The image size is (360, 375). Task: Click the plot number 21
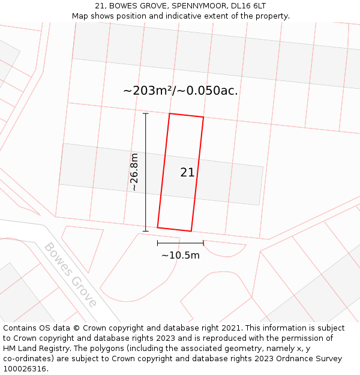187,173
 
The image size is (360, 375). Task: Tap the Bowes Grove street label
70,274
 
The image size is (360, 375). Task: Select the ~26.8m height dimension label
134,172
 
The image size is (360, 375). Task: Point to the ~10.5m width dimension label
180,255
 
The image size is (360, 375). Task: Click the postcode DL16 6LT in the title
247,6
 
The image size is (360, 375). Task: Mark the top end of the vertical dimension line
146,113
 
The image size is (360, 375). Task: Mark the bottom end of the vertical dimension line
146,231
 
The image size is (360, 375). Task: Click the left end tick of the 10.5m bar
158,243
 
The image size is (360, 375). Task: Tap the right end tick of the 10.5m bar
203,243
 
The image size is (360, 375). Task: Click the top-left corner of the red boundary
170,113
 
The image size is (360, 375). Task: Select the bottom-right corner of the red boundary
191,231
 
